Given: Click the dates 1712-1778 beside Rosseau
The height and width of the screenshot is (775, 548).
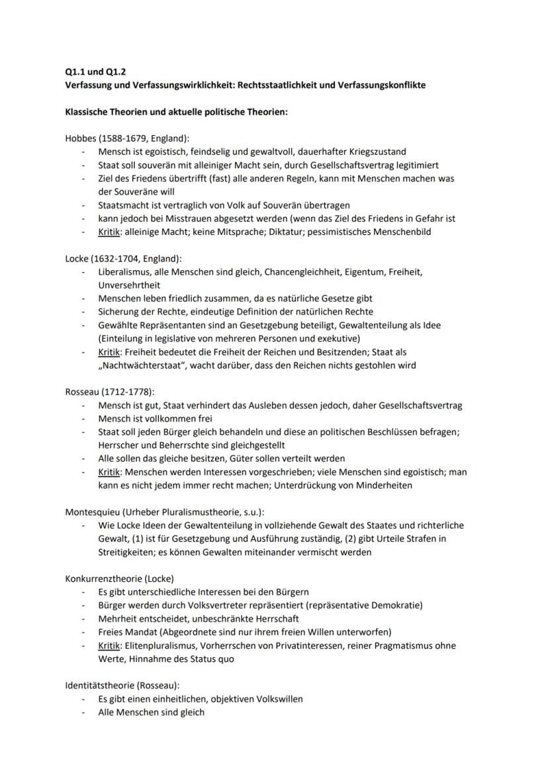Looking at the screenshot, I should [x=130, y=392].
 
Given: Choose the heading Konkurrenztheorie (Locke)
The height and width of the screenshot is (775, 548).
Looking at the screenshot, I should [x=119, y=578].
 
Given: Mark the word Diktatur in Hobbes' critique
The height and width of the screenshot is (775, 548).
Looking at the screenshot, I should [x=300, y=232].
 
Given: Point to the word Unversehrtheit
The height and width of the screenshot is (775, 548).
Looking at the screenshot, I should [x=129, y=285].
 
